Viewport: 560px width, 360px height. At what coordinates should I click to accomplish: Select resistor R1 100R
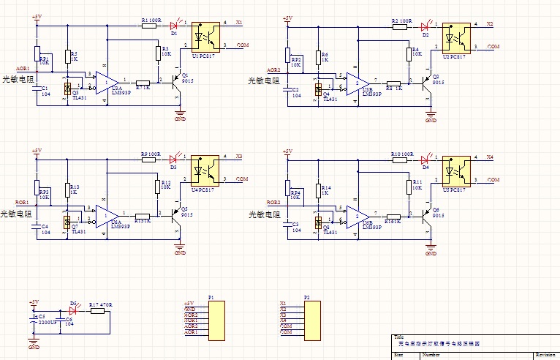point(148,26)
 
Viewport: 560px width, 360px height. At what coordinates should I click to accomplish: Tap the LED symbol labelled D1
point(175,26)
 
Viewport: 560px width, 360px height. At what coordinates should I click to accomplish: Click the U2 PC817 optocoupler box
point(457,36)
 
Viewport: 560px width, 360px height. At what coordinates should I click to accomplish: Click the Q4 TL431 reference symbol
point(318,89)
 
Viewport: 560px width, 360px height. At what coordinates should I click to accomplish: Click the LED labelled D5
point(73,311)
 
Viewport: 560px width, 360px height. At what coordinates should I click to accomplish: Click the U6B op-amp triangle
point(357,214)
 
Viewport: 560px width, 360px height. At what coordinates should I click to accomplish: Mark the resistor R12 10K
point(156,186)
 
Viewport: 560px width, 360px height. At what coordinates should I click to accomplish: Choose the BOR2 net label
point(273,202)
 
